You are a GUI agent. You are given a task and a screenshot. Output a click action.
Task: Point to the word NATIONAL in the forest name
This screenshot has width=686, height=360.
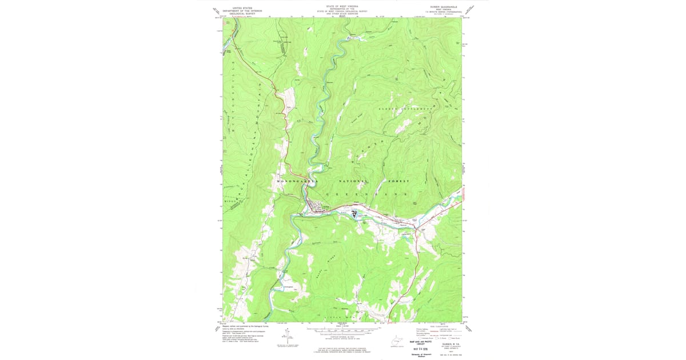pos(354,181)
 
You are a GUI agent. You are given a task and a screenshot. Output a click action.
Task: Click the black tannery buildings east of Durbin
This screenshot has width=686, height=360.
pos(354,214)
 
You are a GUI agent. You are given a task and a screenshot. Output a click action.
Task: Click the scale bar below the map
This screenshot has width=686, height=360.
pos(342,330)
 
